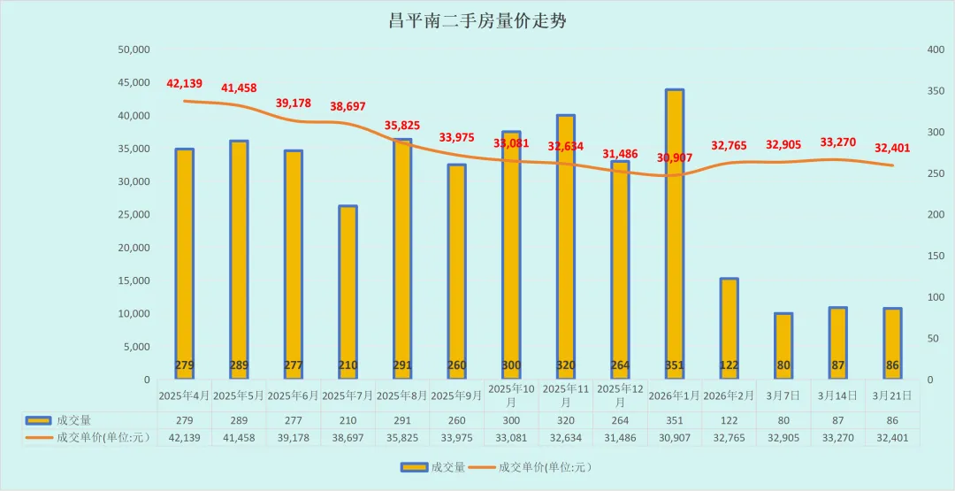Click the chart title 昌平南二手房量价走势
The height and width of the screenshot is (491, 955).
[x=477, y=21]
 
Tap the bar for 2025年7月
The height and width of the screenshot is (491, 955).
[x=348, y=292]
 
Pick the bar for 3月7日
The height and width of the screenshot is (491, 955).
[x=783, y=346]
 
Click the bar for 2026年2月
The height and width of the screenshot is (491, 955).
[x=729, y=328]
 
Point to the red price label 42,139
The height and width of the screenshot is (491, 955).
[x=184, y=84]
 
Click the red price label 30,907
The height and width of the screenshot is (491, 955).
[x=675, y=158]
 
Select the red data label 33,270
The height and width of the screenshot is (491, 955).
[x=837, y=142]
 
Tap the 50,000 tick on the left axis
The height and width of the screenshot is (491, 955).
[x=134, y=50]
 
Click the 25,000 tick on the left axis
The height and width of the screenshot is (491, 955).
[x=134, y=215]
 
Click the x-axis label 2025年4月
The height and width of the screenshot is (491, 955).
[x=184, y=395]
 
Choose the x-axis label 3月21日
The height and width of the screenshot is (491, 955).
[x=892, y=395]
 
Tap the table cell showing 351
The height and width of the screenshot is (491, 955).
[x=675, y=420]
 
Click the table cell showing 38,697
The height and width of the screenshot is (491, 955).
[x=348, y=437]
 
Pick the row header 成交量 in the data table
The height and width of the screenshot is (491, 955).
[x=75, y=420]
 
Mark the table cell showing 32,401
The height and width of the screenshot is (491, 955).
[x=892, y=437]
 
